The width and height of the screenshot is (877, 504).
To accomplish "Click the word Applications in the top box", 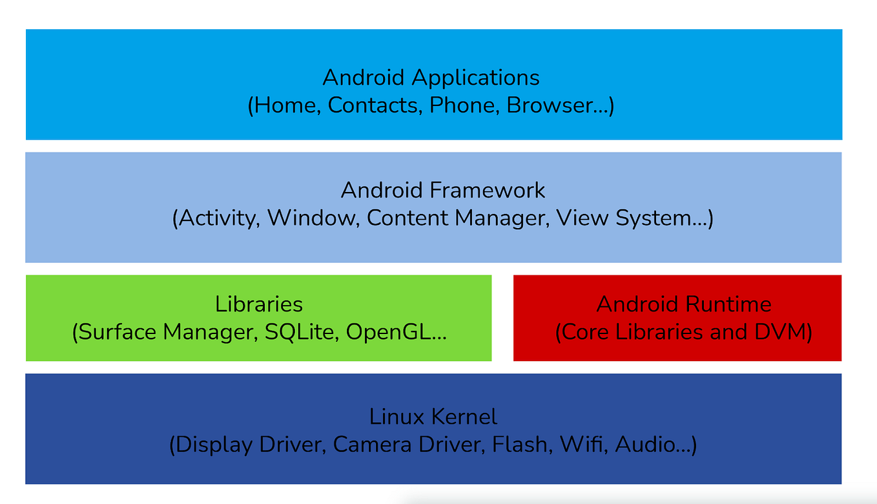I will [x=475, y=78].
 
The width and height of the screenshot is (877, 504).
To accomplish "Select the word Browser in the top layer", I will [x=550, y=105].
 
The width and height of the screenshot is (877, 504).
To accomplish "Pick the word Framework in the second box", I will [x=487, y=191].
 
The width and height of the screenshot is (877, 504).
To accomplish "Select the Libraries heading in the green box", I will [x=259, y=304].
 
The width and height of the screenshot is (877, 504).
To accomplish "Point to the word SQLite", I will [x=302, y=332].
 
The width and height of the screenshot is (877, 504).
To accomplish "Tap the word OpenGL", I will [x=390, y=332].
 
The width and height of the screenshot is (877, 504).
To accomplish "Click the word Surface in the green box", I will [x=118, y=332].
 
